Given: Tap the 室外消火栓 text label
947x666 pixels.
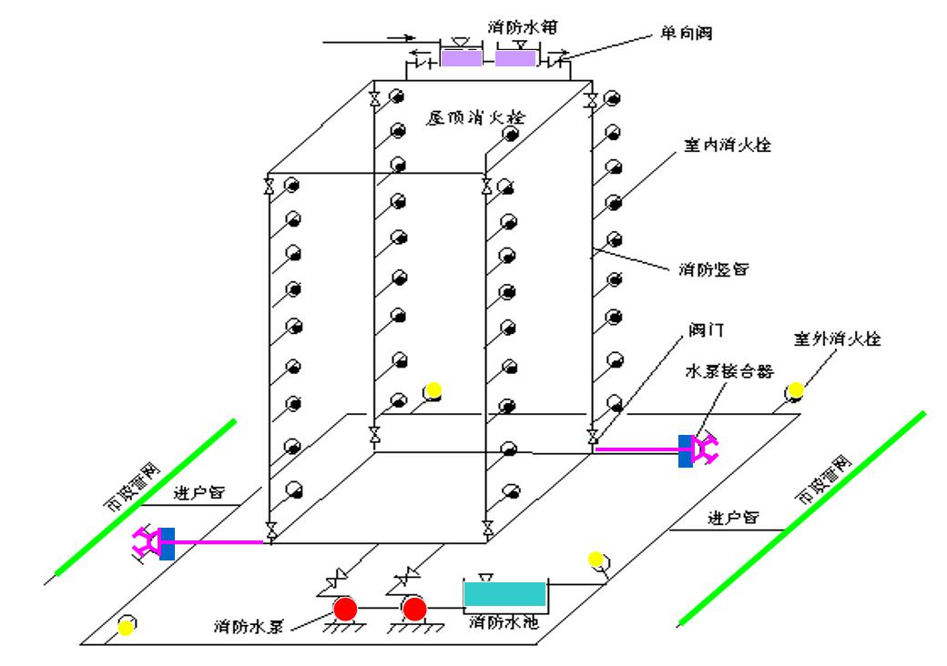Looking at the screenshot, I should coord(838,338).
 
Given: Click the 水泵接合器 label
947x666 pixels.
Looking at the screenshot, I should coord(730,373).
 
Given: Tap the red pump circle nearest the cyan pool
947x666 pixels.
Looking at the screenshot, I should coord(415,608).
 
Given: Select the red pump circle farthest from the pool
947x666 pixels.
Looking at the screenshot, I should coord(345,608).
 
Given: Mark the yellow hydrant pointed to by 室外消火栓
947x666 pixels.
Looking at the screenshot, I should coord(796,391).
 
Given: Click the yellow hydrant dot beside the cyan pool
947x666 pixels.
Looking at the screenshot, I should coord(596,558).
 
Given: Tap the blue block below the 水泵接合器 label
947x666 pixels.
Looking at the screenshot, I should coord(685,451).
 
